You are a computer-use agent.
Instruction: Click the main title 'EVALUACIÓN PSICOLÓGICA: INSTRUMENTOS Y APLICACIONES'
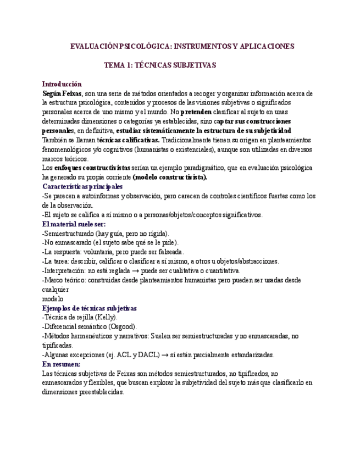(x=182, y=46)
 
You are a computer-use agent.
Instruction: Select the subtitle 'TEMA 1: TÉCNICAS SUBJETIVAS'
(x=160, y=65)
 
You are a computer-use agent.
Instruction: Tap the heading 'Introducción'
(x=62, y=84)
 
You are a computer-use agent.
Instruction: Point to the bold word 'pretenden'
(x=196, y=112)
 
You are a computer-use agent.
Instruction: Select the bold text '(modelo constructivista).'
(x=170, y=177)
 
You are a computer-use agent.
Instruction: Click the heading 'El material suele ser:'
(x=74, y=224)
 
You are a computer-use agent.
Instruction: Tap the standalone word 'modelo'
(x=53, y=298)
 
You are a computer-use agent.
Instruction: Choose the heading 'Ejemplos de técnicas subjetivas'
(x=90, y=308)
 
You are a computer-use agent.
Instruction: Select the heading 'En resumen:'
(x=61, y=364)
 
